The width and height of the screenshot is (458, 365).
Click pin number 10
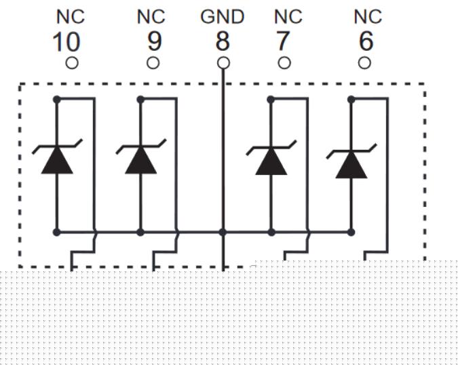tap(66, 43)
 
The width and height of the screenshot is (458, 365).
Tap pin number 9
tap(155, 43)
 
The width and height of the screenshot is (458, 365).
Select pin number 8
tap(223, 43)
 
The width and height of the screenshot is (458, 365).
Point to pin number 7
tap(282, 43)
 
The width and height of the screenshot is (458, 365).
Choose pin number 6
tap(366, 43)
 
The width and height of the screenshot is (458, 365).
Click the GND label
tap(222, 17)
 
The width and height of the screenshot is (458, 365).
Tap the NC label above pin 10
tap(70, 17)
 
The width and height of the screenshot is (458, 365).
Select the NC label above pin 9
tap(151, 17)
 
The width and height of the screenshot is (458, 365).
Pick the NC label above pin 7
tap(288, 17)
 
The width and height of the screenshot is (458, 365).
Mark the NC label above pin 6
tap(368, 17)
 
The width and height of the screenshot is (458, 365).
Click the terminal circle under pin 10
tap(71, 63)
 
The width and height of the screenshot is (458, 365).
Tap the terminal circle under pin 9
tap(153, 63)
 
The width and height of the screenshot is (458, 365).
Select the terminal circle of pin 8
tap(223, 63)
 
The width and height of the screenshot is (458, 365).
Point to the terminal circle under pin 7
tap(284, 63)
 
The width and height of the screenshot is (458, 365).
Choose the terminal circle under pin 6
tap(364, 63)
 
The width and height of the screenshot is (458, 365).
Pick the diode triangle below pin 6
tap(351, 164)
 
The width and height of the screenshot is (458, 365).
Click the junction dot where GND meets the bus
tap(223, 232)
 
